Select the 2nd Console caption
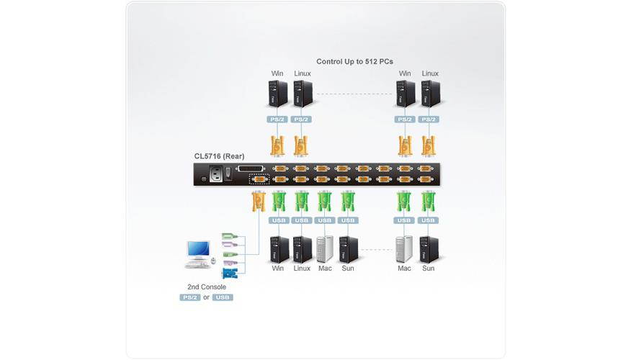pyautogui.click(x=206, y=287)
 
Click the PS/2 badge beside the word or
pyautogui.click(x=189, y=297)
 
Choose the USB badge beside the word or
pyautogui.click(x=223, y=297)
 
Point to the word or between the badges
pyautogui.click(x=206, y=297)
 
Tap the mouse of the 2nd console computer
pyautogui.click(x=213, y=264)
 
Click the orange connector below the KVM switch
pyautogui.click(x=256, y=201)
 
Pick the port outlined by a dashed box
pyautogui.click(x=259, y=180)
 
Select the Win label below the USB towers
pyautogui.click(x=278, y=269)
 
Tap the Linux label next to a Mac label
pyautogui.click(x=302, y=269)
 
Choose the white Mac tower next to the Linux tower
pyautogui.click(x=326, y=248)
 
